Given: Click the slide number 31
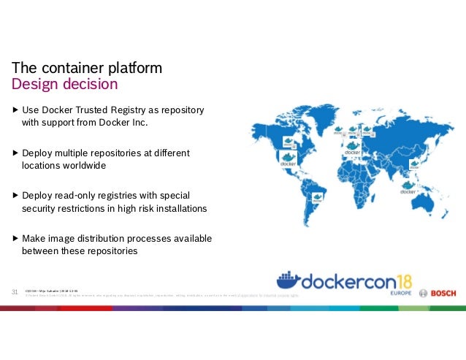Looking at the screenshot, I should (x=14, y=292).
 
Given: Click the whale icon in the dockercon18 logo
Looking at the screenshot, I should (x=290, y=282).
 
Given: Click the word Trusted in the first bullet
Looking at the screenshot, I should (x=101, y=110).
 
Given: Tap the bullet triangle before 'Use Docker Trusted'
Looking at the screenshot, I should (x=16, y=110).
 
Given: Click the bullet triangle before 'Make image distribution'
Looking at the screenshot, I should (x=16, y=239).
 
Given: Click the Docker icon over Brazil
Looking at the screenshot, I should (x=317, y=197).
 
